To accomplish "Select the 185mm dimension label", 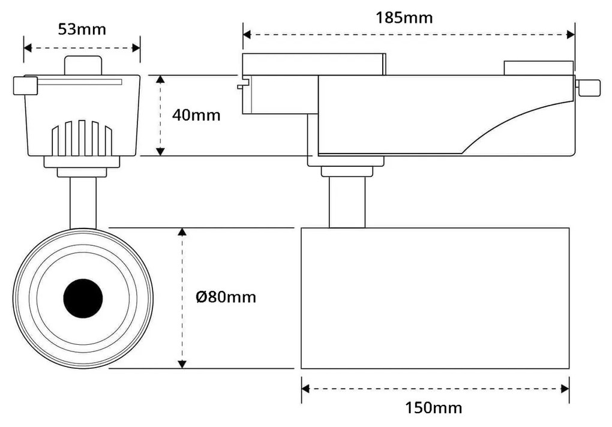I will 404,17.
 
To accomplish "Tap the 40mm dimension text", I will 196,115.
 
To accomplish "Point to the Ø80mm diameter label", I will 226,296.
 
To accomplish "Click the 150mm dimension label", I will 433,408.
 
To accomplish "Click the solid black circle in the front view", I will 83,298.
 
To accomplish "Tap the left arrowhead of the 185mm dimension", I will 247,35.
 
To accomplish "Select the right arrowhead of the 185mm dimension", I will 571,35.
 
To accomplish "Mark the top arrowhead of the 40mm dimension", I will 160,80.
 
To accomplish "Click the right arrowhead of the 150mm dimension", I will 565,389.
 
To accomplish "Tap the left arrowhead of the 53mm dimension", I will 28,48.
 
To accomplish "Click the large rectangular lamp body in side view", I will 434,298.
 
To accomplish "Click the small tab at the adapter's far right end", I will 588,87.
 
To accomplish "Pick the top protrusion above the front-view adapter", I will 83,65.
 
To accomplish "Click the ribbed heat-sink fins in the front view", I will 82,138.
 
